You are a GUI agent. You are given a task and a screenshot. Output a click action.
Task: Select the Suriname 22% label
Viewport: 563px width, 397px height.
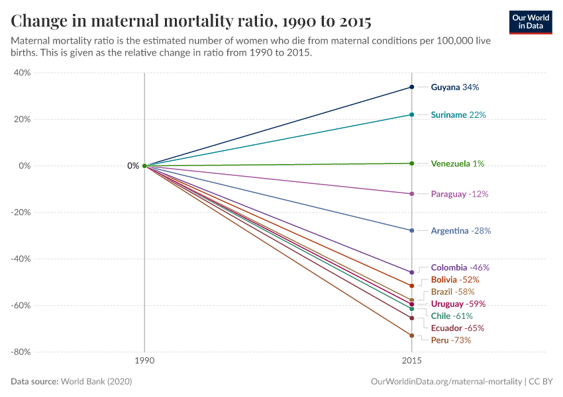(x=458, y=115)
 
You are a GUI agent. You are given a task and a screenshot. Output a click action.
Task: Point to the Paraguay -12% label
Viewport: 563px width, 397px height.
(x=459, y=195)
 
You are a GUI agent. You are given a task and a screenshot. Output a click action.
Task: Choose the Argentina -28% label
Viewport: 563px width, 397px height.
(x=460, y=231)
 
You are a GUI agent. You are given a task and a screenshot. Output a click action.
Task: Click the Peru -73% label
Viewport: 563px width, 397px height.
(x=450, y=340)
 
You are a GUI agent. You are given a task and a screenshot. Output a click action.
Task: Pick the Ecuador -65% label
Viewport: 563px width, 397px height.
(x=457, y=328)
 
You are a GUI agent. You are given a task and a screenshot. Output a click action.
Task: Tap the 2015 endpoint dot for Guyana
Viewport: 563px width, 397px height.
(x=412, y=87)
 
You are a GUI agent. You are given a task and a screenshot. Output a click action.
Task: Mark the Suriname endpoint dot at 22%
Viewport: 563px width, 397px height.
(x=412, y=115)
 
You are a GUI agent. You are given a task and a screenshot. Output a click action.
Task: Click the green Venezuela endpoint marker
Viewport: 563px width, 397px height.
(x=412, y=163)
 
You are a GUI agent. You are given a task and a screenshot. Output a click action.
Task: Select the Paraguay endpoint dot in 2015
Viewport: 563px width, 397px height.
(x=412, y=194)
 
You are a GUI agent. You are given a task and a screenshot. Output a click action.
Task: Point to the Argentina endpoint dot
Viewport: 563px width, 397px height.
(x=412, y=231)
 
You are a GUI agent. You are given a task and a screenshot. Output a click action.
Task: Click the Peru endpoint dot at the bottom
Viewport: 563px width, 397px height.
(x=412, y=335)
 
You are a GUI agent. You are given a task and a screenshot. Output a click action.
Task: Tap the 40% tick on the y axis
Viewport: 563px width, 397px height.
(x=22, y=73)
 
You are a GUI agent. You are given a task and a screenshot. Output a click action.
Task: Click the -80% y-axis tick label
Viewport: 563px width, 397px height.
(x=20, y=352)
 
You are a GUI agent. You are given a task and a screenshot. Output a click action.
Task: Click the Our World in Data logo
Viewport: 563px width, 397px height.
(x=530, y=22)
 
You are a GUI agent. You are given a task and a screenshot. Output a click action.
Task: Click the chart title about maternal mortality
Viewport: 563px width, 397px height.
(x=191, y=21)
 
